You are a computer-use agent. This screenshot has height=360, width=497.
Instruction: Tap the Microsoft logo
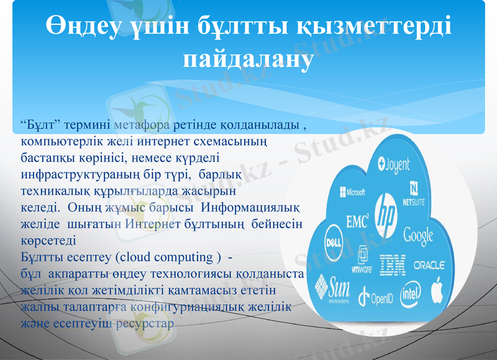pyautogui.click(x=352, y=192)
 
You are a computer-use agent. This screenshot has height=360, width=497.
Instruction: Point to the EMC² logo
pyautogui.click(x=357, y=220)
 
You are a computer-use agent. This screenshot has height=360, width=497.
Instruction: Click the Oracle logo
pyautogui.click(x=429, y=265)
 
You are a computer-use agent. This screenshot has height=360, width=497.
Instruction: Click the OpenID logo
pyautogui.click(x=375, y=297)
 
